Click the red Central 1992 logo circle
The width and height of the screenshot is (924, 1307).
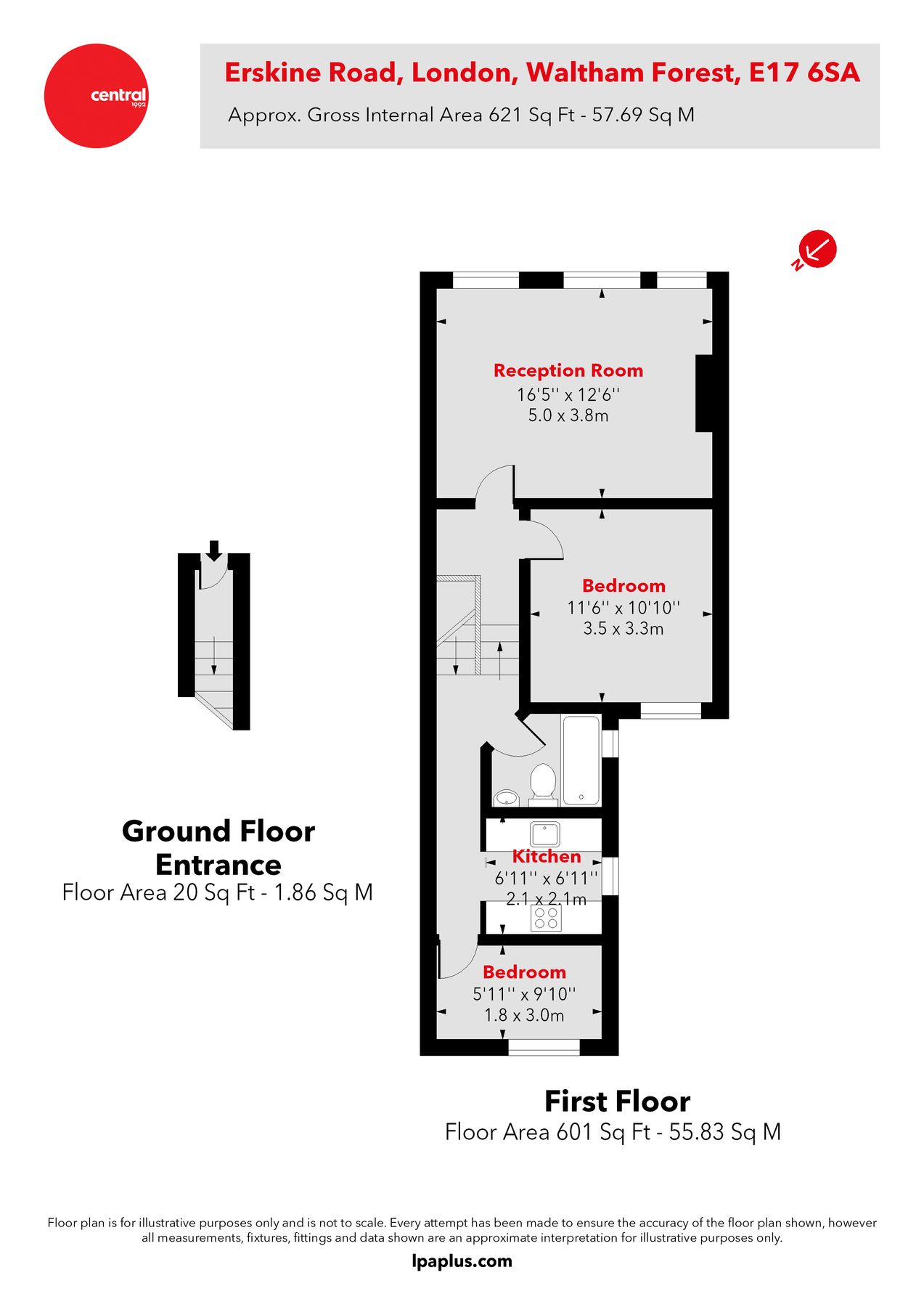[96, 96]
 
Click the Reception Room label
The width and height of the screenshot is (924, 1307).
[568, 370]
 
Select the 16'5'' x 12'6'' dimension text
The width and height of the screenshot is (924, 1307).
[568, 394]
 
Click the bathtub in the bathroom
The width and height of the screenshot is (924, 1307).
[581, 760]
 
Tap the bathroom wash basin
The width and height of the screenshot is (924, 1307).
[506, 799]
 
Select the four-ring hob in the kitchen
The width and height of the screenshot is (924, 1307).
[546, 919]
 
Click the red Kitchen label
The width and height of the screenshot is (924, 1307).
[546, 856]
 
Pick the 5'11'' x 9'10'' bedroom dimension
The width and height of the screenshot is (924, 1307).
[524, 993]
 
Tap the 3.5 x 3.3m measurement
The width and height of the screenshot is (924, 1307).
[623, 629]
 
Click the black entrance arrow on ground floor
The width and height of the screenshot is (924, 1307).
[213, 550]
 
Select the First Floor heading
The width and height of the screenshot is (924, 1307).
[617, 1102]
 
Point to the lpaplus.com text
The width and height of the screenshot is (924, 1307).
[462, 1261]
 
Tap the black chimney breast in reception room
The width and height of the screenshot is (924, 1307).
[703, 394]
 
